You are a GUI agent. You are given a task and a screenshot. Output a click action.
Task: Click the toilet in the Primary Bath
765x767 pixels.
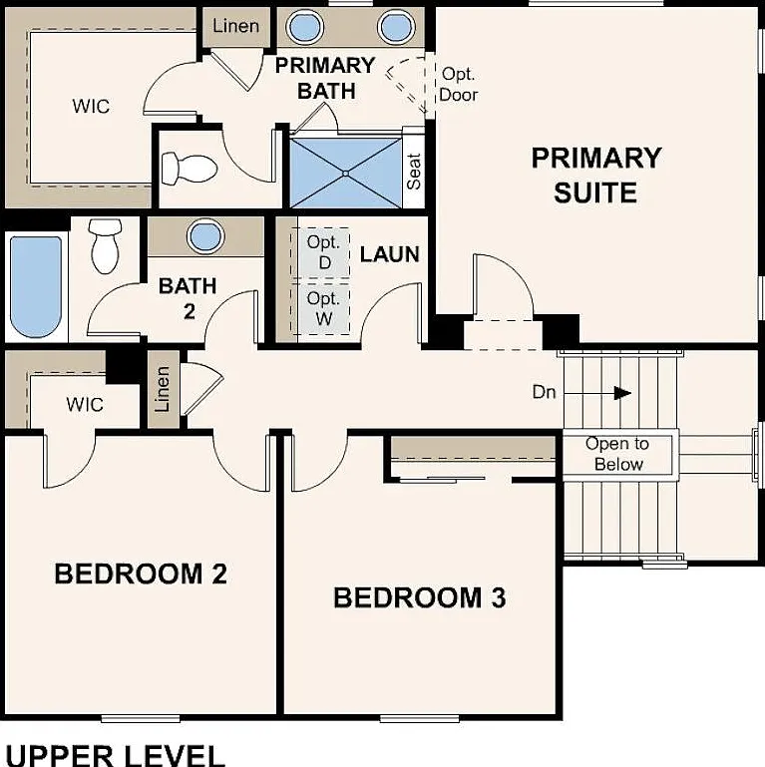point(190,169)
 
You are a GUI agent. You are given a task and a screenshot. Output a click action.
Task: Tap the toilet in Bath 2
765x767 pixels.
point(105,246)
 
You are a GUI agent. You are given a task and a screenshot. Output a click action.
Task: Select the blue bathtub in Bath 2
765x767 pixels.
point(36,287)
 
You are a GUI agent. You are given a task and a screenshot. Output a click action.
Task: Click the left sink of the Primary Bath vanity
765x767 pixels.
point(305,26)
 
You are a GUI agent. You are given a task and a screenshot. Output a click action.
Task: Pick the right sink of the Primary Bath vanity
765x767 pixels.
point(396,26)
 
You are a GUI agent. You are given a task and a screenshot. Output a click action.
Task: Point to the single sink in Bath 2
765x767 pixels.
point(205,236)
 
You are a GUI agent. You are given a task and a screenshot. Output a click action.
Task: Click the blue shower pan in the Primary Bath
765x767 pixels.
point(346,173)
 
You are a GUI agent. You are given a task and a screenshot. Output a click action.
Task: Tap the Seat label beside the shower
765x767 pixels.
point(414,172)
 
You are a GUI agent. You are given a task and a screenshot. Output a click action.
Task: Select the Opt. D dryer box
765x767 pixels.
point(321,253)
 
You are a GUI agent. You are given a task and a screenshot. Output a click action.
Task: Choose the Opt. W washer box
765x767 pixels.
point(321,308)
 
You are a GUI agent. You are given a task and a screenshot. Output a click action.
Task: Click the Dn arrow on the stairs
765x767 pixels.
point(597,392)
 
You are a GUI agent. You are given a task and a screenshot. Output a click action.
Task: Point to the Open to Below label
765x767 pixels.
point(617,454)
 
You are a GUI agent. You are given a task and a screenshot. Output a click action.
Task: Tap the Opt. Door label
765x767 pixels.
point(459,84)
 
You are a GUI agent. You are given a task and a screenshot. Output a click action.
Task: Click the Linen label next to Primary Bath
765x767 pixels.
point(235,26)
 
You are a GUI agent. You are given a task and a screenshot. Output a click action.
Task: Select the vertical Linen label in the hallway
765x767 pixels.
point(162,389)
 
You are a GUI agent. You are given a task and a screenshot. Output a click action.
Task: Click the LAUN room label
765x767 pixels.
point(390,254)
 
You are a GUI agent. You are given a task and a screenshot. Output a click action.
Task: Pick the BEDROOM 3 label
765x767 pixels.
point(420,597)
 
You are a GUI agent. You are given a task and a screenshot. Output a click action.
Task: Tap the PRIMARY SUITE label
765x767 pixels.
point(596,176)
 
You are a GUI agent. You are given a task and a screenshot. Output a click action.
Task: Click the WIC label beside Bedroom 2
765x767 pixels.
point(85,405)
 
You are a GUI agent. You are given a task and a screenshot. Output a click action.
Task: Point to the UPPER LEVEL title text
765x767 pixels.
point(116,755)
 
